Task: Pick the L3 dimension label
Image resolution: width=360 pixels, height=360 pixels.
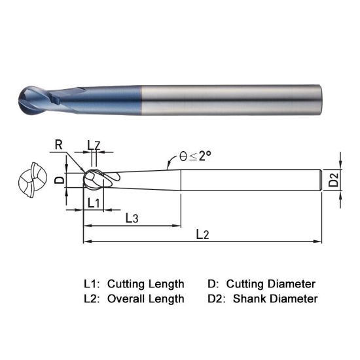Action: click(132, 218)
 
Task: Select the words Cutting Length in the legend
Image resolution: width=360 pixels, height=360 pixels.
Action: click(145, 283)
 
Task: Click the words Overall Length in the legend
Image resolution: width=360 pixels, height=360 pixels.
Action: click(145, 298)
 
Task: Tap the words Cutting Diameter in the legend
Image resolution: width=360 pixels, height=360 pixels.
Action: click(270, 283)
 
